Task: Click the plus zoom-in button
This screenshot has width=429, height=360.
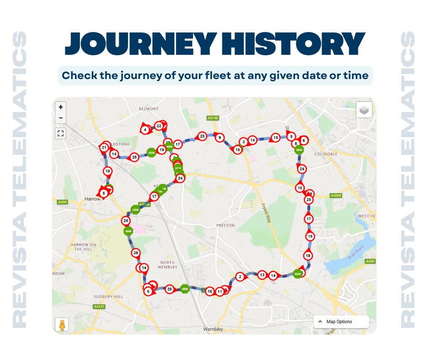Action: (x=61, y=107)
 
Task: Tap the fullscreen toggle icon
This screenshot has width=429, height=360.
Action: (x=61, y=133)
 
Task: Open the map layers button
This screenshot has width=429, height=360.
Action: (x=364, y=110)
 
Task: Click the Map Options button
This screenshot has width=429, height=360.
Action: (x=341, y=322)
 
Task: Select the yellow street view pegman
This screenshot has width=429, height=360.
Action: (x=61, y=324)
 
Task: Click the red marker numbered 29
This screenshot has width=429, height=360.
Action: (x=135, y=253)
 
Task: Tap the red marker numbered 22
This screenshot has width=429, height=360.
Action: (x=159, y=126)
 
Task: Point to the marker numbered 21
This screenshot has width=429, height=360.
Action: (x=105, y=148)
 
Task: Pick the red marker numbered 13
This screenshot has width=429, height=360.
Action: (x=262, y=275)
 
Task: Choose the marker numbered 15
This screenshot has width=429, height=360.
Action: (x=275, y=138)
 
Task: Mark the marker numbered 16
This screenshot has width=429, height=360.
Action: (x=209, y=291)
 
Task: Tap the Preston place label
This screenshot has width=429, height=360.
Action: (x=225, y=225)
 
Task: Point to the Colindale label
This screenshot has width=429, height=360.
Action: (x=326, y=154)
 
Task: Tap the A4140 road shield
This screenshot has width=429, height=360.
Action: (x=213, y=118)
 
